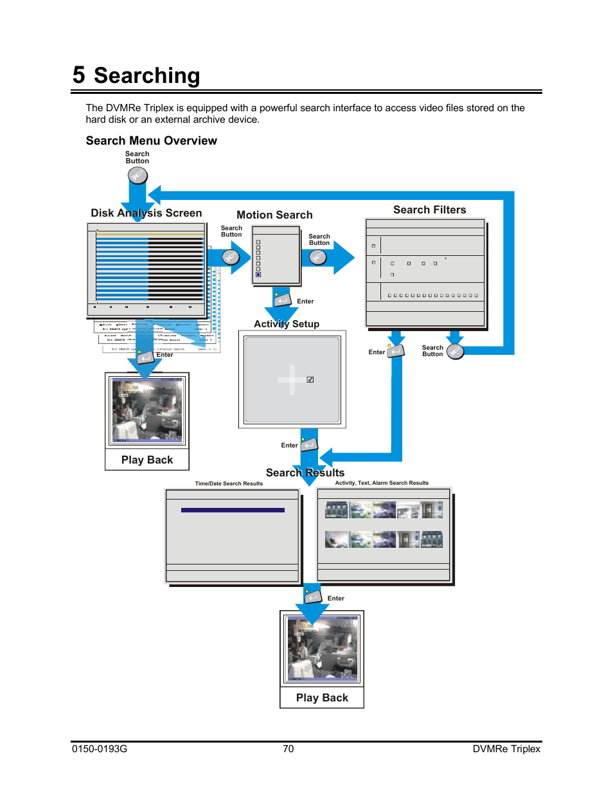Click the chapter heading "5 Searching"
coord(136,76)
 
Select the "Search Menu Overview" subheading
coord(151,141)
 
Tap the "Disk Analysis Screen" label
coord(146,213)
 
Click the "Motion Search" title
coord(274,215)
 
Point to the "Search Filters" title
coord(429,210)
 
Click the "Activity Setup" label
coord(287,324)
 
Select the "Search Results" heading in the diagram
coord(305,473)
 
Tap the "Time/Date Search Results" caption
coord(229,483)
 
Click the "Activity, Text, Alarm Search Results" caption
coord(382,483)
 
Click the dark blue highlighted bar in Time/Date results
coord(233,510)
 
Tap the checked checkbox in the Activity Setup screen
coord(310,379)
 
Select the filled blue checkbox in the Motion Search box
coord(258,275)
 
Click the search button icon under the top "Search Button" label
coord(138,176)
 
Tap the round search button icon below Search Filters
coord(455,351)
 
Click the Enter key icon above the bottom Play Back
coord(313,597)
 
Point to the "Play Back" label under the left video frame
coord(147,460)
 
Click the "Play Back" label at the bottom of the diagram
coord(322,698)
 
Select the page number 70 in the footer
coord(289,749)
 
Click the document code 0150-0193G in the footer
coord(100,749)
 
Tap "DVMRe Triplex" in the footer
coord(506,749)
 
